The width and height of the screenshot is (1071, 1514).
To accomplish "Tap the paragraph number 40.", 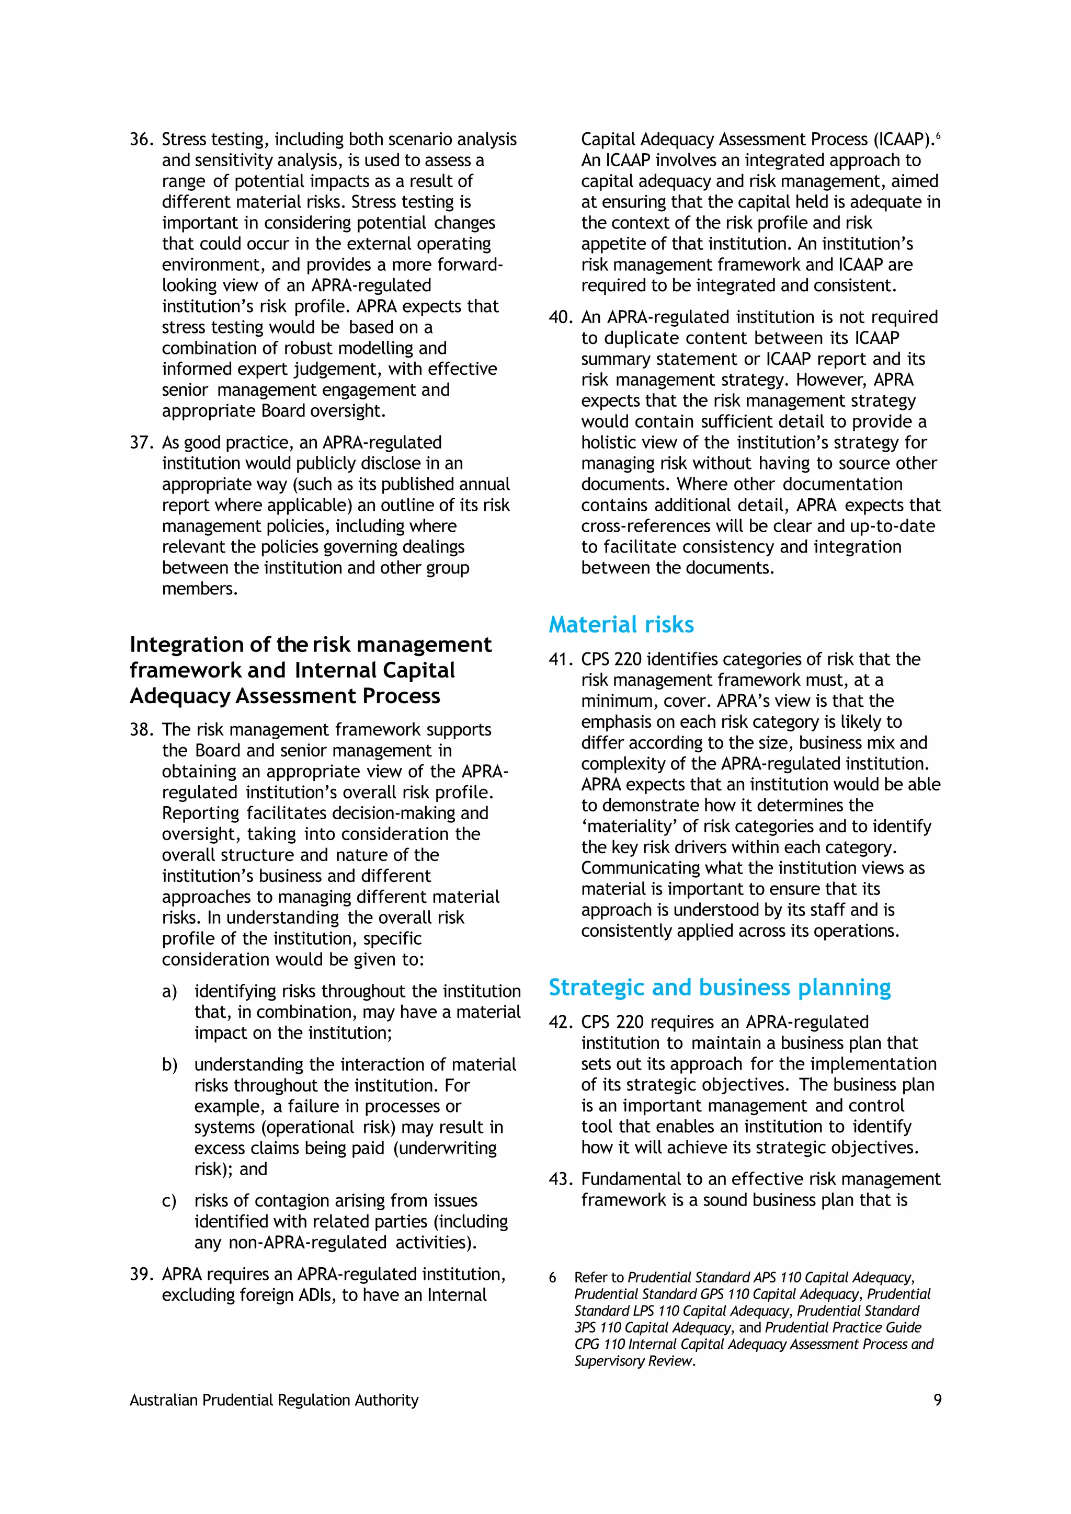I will click(x=561, y=317).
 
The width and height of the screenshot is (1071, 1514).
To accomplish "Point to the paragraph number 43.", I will click(x=561, y=1179).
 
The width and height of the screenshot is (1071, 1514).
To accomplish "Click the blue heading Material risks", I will click(x=621, y=624).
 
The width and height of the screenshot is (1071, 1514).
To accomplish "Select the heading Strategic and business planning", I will click(x=720, y=987).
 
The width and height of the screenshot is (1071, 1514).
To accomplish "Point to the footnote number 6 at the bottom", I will click(x=553, y=1278).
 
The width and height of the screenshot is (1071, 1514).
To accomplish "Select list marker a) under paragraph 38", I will click(x=169, y=992).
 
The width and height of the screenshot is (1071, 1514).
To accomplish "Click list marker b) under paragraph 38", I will click(x=169, y=1065).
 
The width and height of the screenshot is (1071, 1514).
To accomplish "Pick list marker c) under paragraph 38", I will click(x=169, y=1201).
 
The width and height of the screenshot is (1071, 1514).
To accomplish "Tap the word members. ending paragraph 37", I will click(x=199, y=589).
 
